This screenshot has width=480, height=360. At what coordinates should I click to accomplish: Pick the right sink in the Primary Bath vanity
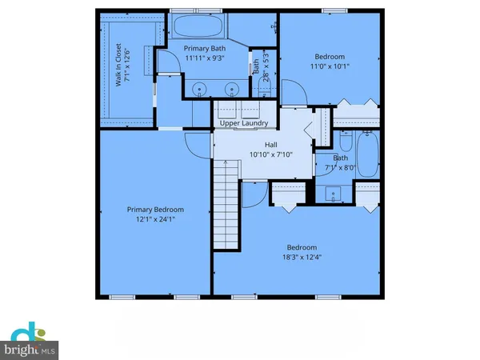pyautogui.click(x=230, y=89)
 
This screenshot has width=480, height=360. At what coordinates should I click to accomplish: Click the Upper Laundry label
pyautogui.click(x=244, y=124)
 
